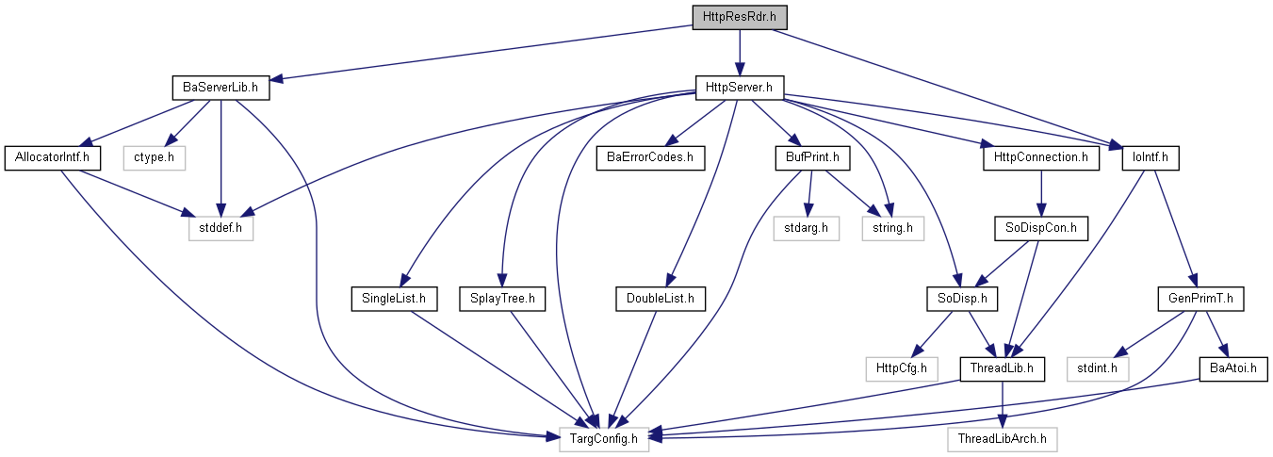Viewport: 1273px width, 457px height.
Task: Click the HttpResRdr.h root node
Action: pos(740,17)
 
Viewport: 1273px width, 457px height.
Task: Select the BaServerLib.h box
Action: pos(220,89)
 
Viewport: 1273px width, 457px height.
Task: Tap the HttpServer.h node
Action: pos(740,89)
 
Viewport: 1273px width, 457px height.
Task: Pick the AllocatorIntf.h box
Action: pos(52,158)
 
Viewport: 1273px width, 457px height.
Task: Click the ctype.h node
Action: pos(154,158)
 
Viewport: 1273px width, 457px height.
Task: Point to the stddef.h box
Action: pos(220,228)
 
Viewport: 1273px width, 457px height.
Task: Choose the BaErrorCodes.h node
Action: pos(650,158)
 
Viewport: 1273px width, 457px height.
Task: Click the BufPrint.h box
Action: pos(812,158)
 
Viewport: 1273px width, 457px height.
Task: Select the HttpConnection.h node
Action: pos(1041,158)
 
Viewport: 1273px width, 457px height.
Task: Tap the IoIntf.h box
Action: pos(1151,158)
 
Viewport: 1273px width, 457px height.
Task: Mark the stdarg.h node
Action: pos(806,228)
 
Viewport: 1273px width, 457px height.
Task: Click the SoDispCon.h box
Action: pos(1041,228)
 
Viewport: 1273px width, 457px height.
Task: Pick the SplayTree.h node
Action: pos(502,299)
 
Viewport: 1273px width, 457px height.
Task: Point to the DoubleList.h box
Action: pos(661,299)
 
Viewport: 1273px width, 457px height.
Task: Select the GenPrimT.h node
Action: pos(1200,299)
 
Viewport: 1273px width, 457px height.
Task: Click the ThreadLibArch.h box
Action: pos(1003,439)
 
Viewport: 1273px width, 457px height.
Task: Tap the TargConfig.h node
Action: pos(604,439)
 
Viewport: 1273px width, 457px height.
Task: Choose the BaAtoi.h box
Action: pos(1233,368)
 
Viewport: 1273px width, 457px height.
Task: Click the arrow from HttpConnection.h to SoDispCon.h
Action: pos(1041,193)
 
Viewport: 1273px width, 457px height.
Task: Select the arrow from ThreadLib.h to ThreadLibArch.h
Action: pos(1003,404)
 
